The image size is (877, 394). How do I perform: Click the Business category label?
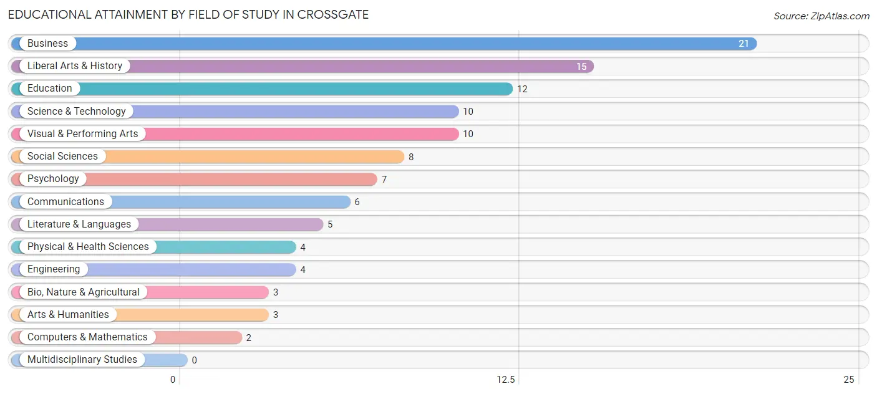[x=47, y=44]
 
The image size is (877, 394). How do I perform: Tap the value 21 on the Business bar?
[x=744, y=44]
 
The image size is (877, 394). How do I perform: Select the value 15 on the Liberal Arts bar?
[x=581, y=66]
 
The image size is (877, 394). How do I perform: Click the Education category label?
[x=49, y=89]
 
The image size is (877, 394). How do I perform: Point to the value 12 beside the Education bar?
[x=522, y=89]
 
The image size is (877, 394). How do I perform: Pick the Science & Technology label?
[x=76, y=111]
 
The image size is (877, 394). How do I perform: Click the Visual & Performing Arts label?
[x=82, y=133]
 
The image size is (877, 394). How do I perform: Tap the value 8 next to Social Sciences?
[x=411, y=157]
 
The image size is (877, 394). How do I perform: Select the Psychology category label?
[x=53, y=179]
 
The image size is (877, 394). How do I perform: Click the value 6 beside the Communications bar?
[x=357, y=202]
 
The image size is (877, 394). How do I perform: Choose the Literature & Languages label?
[x=79, y=224]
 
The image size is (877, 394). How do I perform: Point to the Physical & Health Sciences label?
[x=88, y=246]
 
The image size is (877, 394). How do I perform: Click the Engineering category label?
[x=54, y=269]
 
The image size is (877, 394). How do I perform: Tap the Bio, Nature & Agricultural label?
[x=84, y=292]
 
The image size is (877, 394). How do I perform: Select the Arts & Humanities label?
[x=68, y=314]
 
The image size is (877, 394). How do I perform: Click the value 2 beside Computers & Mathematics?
[x=248, y=337]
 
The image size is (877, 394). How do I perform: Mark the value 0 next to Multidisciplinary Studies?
[x=194, y=360]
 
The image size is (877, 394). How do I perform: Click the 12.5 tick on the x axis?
[x=506, y=380]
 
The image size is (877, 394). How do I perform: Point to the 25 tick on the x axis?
[x=848, y=380]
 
